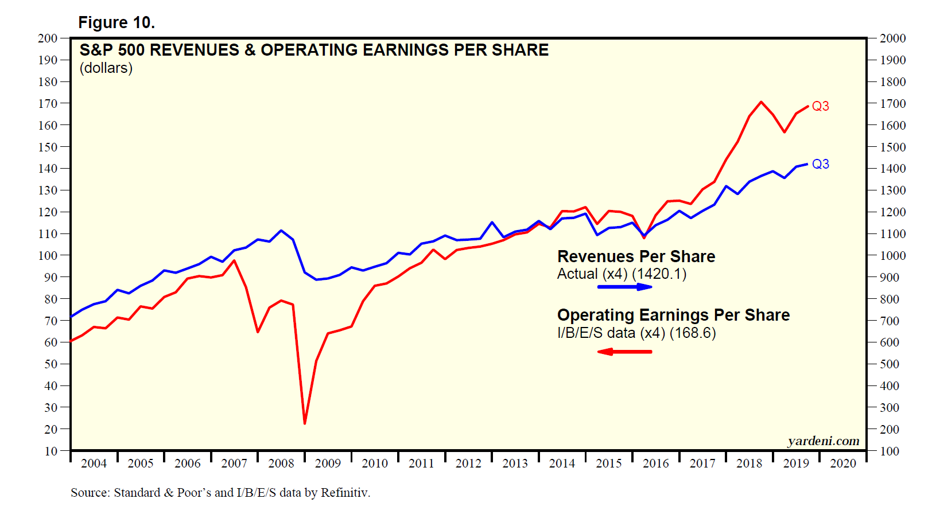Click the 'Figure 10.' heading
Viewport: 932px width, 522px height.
coord(116,22)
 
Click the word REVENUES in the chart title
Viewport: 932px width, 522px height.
coord(195,50)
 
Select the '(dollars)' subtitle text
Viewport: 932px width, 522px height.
coord(106,68)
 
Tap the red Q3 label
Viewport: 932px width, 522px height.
coord(820,106)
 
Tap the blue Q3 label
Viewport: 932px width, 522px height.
coord(820,164)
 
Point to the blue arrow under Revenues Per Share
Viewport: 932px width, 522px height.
coord(624,287)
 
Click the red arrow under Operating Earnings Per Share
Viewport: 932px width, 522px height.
coord(624,352)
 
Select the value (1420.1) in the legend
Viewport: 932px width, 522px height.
coord(659,274)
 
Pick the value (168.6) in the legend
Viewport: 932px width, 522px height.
coord(692,333)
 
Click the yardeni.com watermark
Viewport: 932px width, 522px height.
coord(823,441)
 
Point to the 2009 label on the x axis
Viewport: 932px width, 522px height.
coord(328,463)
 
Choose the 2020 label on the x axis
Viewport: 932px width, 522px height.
coord(842,463)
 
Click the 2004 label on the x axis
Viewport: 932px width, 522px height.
coord(94,463)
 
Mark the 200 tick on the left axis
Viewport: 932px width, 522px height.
coord(48,38)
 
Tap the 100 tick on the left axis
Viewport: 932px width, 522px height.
coord(48,255)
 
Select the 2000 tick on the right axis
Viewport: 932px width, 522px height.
coord(892,38)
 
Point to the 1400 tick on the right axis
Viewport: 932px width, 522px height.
coord(892,169)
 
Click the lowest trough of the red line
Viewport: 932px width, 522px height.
coord(305,423)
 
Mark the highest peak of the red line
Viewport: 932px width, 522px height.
coord(761,102)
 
